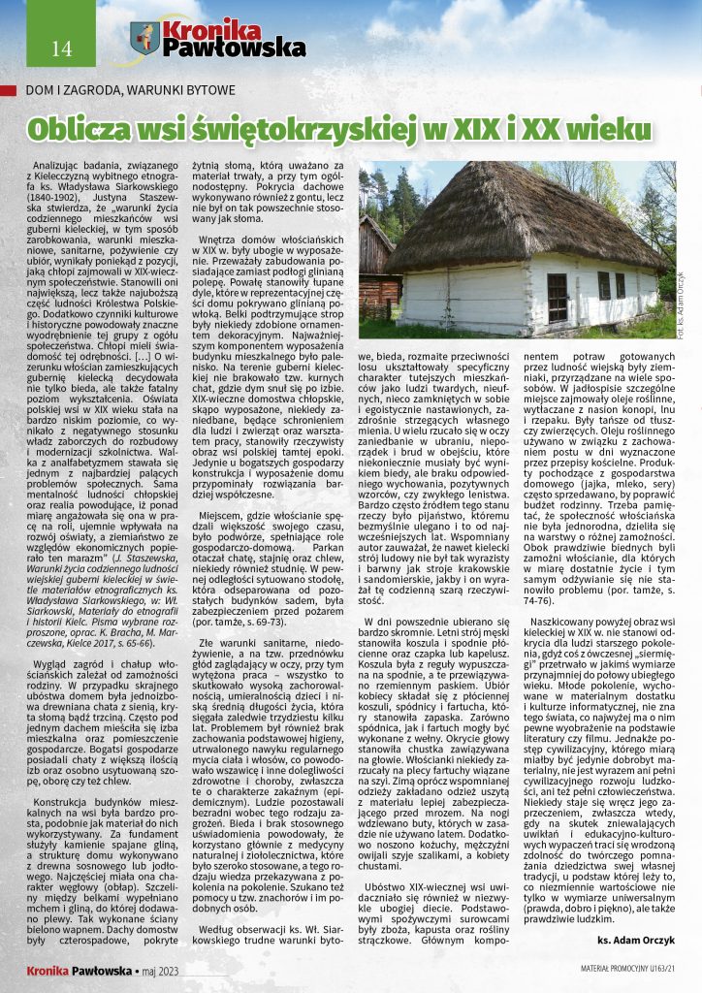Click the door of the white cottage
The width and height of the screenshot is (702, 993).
click(x=558, y=298)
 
